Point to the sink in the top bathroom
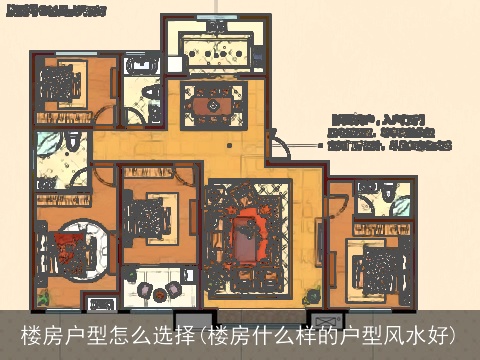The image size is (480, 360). point(140,66)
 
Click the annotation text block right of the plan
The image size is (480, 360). point(390,131)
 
